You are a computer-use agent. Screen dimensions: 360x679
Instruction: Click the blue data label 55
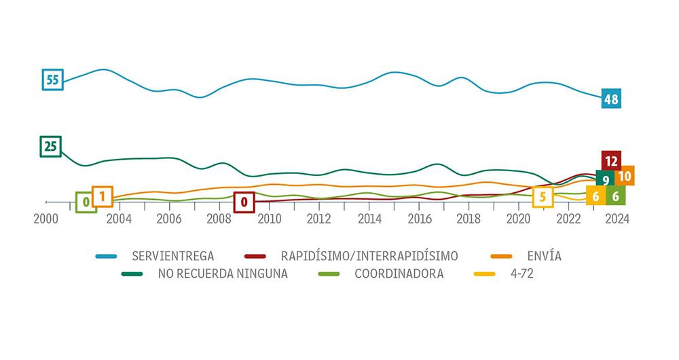point(52,79)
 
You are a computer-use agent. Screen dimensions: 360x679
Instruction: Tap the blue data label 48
point(611,99)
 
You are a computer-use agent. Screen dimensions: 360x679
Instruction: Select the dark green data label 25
point(50,146)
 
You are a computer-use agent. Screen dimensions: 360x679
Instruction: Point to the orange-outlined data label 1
point(102,196)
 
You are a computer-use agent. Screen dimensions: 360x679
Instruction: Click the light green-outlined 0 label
point(86,202)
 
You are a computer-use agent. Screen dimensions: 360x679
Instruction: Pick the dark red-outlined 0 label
point(244,202)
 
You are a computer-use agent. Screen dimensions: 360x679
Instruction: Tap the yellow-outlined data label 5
point(543,198)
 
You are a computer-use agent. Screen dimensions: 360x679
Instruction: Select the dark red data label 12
point(611,161)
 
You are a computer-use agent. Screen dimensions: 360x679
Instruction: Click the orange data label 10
point(625,176)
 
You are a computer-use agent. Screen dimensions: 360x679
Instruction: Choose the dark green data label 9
point(605,180)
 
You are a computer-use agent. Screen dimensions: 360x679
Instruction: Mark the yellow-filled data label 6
point(595,196)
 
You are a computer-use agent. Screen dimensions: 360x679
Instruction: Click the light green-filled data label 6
point(615,196)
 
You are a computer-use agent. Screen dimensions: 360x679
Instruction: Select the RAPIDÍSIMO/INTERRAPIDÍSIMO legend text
point(369,256)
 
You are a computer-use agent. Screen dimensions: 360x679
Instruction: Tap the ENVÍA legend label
point(547,256)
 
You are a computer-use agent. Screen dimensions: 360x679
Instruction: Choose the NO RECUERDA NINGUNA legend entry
point(223,274)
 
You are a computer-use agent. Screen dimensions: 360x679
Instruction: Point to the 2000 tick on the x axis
point(45,218)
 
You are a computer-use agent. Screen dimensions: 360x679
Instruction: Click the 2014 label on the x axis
point(369,218)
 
